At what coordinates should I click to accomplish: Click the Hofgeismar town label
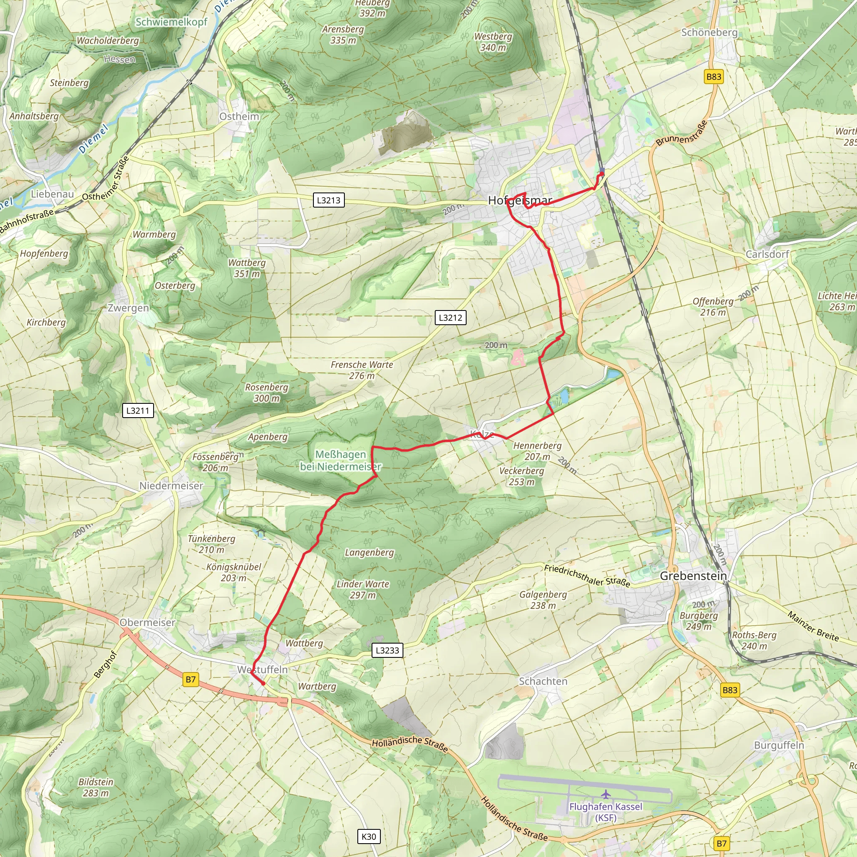click(520, 200)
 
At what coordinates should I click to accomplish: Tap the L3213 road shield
click(328, 200)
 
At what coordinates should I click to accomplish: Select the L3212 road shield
click(450, 318)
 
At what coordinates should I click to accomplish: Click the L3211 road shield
click(138, 411)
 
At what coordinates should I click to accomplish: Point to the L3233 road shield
click(387, 650)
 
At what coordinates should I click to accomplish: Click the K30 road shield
click(369, 836)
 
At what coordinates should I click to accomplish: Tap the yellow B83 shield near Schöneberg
click(714, 77)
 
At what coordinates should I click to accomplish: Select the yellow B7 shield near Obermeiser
click(191, 679)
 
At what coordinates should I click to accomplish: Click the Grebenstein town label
click(693, 576)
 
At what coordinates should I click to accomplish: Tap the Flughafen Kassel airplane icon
click(606, 794)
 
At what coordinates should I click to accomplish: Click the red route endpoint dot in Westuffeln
click(263, 684)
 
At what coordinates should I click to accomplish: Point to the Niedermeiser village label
click(171, 486)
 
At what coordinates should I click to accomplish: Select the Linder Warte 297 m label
click(362, 590)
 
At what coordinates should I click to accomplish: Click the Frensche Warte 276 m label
click(362, 370)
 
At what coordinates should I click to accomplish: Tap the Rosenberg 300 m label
click(267, 393)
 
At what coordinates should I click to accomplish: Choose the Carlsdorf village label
click(767, 254)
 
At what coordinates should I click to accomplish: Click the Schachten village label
click(543, 681)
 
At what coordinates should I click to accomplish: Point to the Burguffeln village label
click(779, 745)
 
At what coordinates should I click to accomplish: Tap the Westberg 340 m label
click(493, 42)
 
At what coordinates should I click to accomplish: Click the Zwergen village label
click(128, 308)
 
